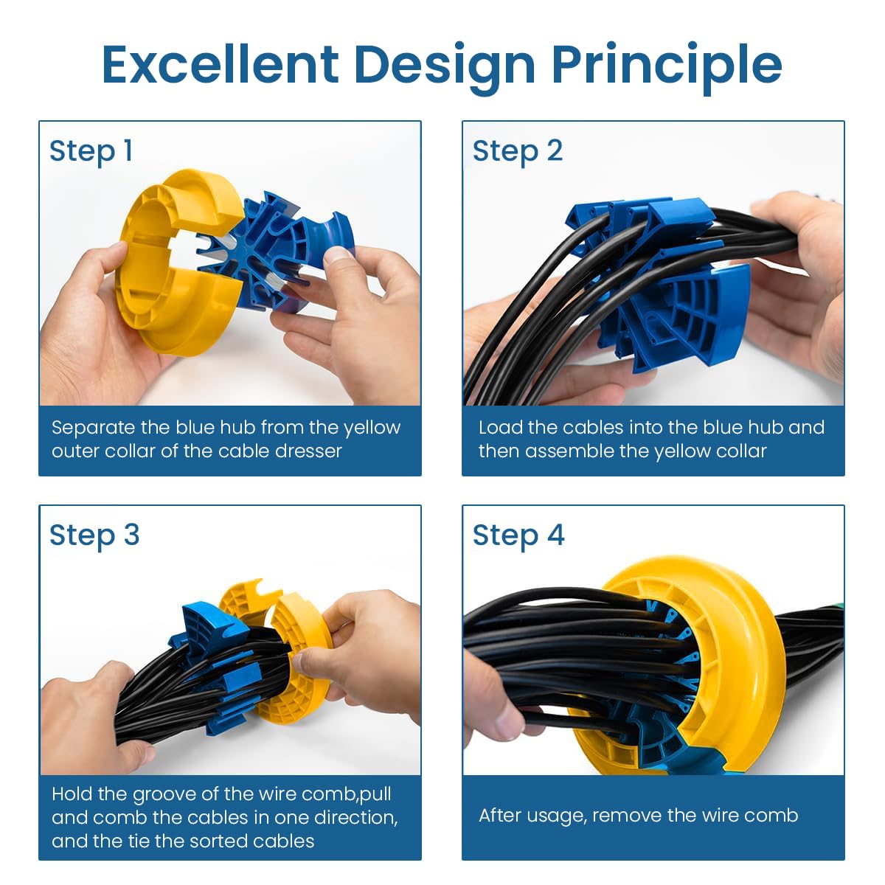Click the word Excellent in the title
pyautogui.click(x=220, y=64)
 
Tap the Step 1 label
pyautogui.click(x=91, y=151)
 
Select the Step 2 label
pyautogui.click(x=517, y=151)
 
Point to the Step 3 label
pyautogui.click(x=94, y=535)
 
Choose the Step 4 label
pyautogui.click(x=518, y=535)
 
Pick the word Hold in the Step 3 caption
pyautogui.click(x=72, y=794)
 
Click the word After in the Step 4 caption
pyautogui.click(x=502, y=816)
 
